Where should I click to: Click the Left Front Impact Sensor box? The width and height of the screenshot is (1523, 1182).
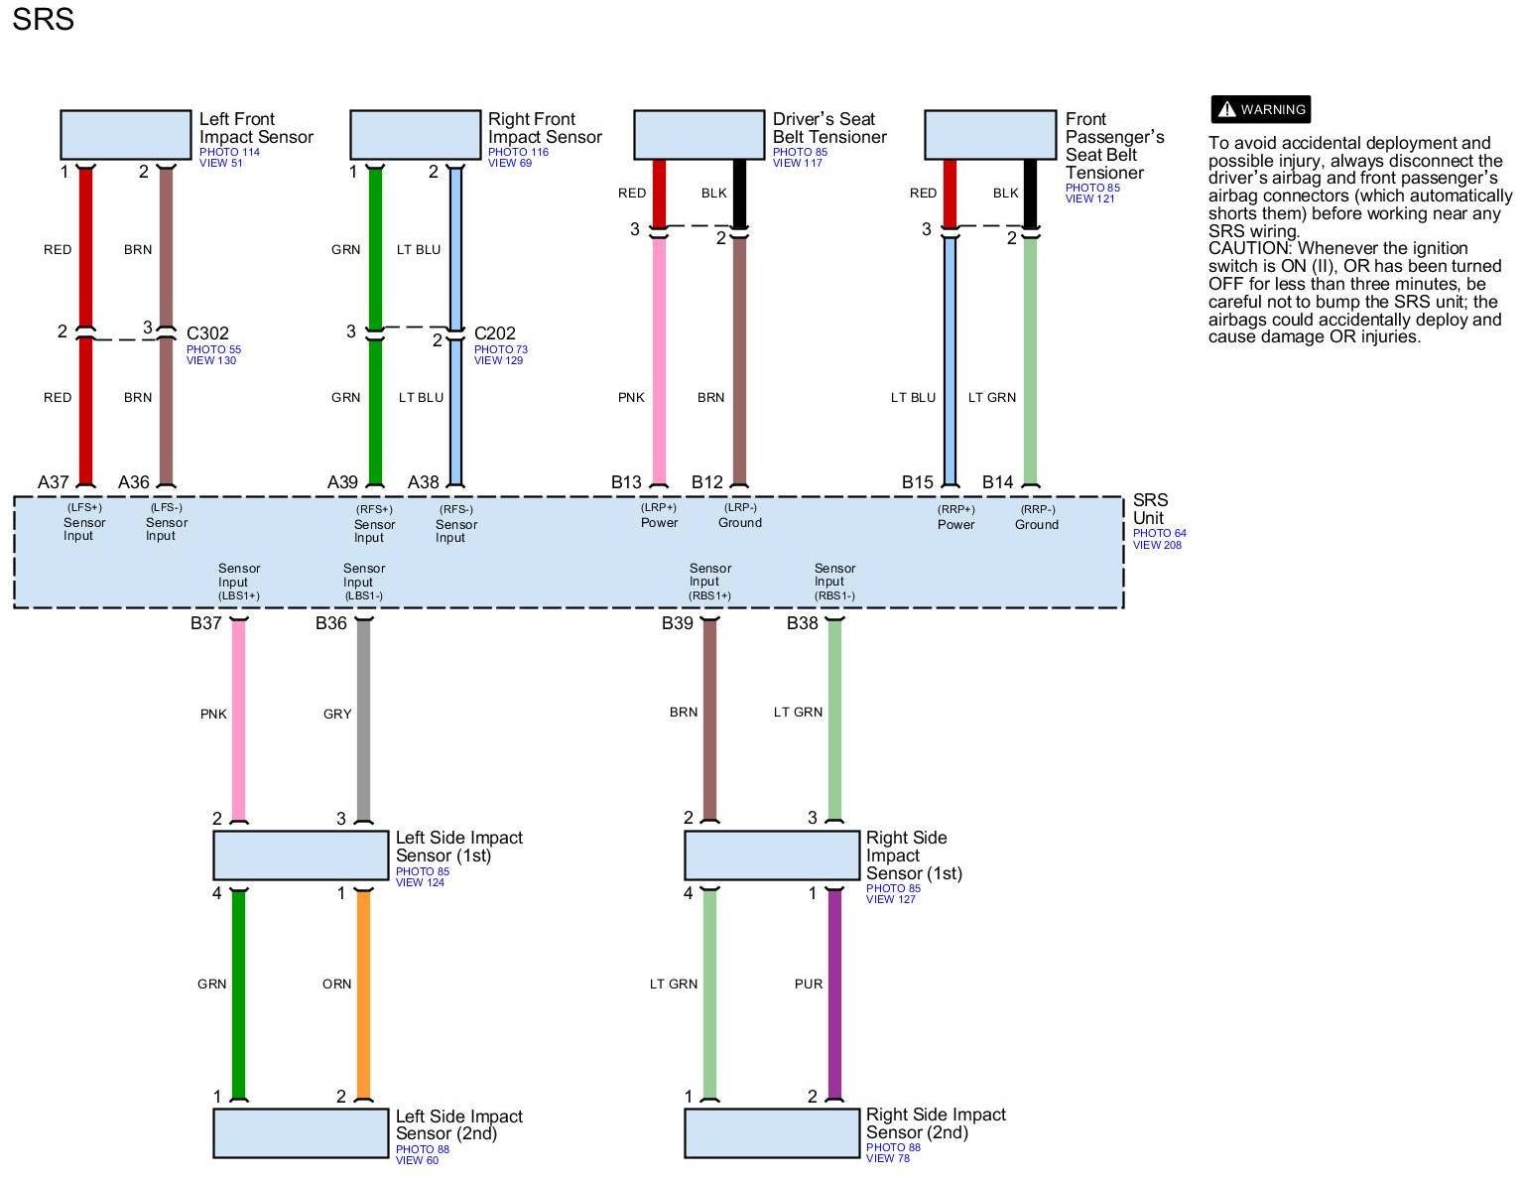[126, 135]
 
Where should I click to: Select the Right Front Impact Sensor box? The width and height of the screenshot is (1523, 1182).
[415, 135]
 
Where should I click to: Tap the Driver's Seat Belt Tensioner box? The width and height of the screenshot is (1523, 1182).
[698, 135]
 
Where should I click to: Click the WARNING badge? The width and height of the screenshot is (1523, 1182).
[1261, 109]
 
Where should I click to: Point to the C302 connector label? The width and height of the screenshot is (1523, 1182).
[207, 333]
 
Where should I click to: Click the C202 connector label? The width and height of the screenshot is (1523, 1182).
[495, 333]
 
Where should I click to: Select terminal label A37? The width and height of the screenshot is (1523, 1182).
[54, 482]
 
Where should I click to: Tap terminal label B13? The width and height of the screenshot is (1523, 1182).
[626, 482]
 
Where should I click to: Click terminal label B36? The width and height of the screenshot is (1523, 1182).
[331, 623]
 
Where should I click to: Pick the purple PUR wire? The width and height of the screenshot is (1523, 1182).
[834, 992]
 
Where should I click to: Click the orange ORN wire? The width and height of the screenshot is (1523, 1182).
[363, 992]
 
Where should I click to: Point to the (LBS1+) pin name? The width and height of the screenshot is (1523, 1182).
[239, 595]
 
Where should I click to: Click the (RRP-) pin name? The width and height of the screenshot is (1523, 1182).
[1037, 509]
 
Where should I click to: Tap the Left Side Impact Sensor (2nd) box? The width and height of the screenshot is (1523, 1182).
[301, 1132]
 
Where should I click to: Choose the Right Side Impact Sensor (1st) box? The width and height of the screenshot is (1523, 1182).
[772, 855]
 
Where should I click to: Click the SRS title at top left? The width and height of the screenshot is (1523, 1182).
[43, 20]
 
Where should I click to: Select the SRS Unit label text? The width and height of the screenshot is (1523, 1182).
[1150, 509]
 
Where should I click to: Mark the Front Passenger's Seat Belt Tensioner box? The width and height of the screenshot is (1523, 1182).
[990, 135]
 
